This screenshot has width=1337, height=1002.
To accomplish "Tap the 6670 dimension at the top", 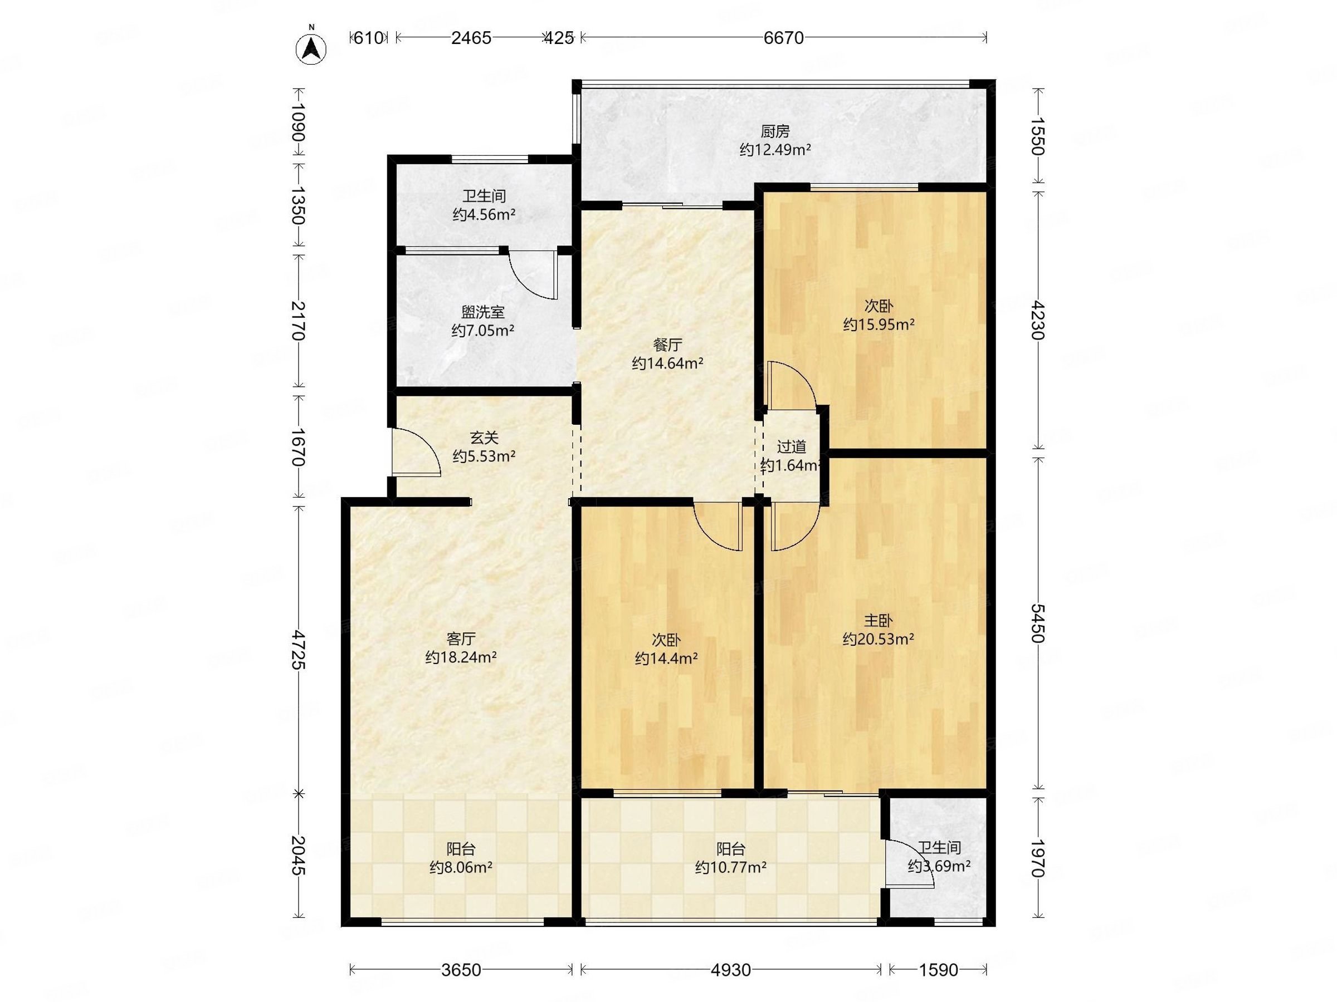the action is [x=783, y=38].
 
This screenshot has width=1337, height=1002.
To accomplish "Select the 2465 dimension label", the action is [x=471, y=38].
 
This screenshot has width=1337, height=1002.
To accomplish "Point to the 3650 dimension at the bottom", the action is [x=461, y=970].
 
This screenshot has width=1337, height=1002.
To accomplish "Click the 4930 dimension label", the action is [x=731, y=970].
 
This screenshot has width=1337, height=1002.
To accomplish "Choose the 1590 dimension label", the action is [x=939, y=970].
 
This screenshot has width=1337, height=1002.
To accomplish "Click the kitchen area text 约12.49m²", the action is [x=775, y=150].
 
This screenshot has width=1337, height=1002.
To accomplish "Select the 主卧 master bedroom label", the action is [x=878, y=620].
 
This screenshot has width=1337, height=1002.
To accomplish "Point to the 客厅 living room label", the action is [x=461, y=638].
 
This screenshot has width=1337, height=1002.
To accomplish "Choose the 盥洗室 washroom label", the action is [x=483, y=312].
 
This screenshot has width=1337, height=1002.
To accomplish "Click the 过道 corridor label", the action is [x=791, y=447].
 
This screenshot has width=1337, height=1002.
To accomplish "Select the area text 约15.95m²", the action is [x=878, y=325].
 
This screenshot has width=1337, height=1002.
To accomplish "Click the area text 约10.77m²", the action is [x=731, y=868].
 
